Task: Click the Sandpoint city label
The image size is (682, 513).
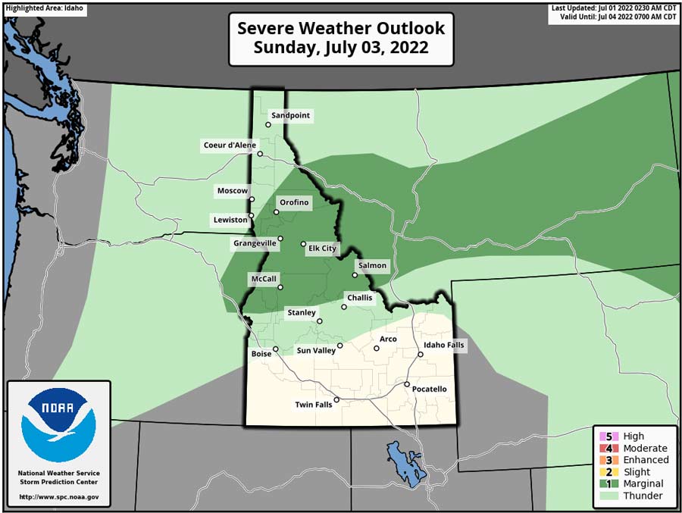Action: click(x=291, y=115)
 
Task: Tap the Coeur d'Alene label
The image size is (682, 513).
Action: click(x=230, y=145)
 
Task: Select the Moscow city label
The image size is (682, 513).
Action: click(x=233, y=190)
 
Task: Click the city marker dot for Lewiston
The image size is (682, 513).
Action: click(x=252, y=215)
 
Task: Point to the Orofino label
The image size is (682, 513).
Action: click(x=294, y=202)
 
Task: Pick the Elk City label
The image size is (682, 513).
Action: click(x=322, y=249)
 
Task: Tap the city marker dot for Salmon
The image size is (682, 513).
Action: click(x=355, y=275)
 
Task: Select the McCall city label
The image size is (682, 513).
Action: click(x=263, y=279)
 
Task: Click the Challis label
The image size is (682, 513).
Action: click(x=360, y=298)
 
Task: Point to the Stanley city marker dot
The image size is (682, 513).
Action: click(x=320, y=321)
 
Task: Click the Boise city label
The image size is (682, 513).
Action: click(x=261, y=353)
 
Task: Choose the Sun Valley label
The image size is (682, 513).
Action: click(x=314, y=350)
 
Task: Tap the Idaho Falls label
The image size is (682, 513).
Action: click(x=445, y=345)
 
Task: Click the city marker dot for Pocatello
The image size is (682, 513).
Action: click(x=407, y=385)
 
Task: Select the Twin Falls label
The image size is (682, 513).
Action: click(x=314, y=405)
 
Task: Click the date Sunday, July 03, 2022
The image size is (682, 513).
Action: click(x=341, y=48)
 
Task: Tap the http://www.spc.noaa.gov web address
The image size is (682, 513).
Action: click(x=58, y=497)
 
